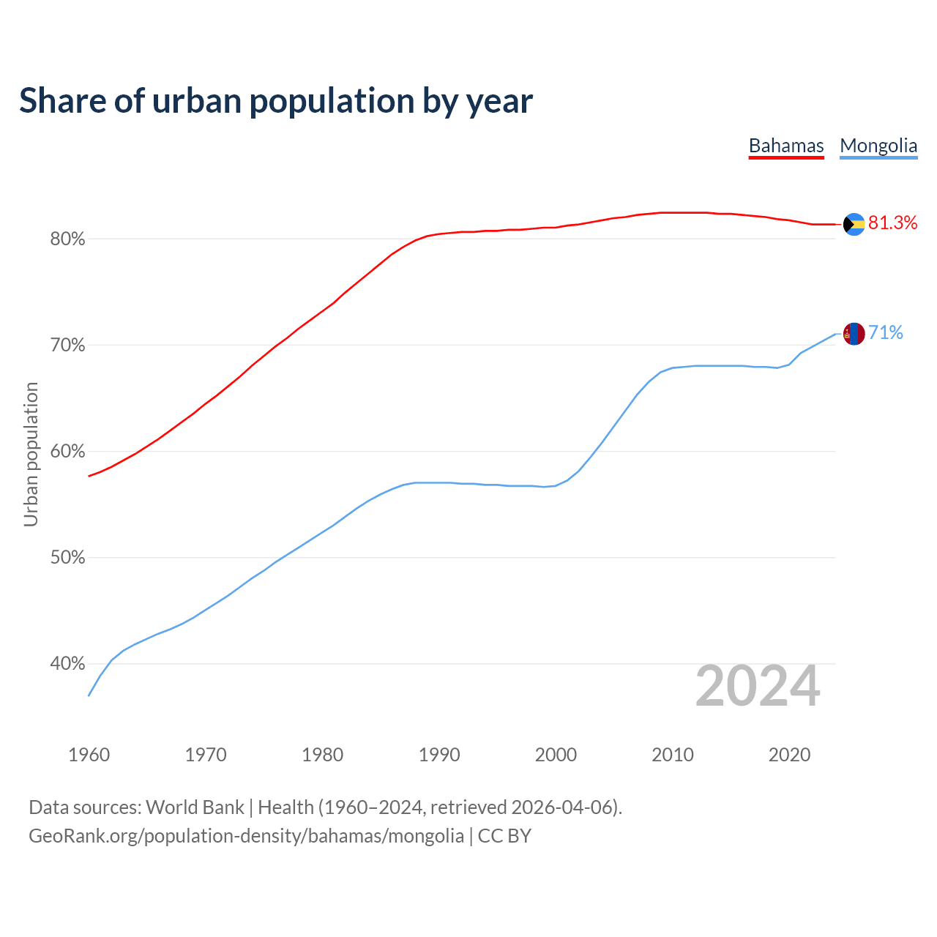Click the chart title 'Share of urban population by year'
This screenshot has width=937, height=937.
[x=276, y=101]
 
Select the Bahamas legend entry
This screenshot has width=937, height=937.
[x=786, y=146]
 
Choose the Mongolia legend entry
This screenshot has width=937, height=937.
[x=878, y=146]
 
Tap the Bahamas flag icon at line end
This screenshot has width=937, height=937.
[x=854, y=224]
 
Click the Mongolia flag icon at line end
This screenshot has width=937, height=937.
[x=854, y=334]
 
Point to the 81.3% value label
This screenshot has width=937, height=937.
[x=892, y=223]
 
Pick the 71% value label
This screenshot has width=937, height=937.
[x=885, y=333]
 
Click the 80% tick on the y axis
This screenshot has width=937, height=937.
[x=68, y=239]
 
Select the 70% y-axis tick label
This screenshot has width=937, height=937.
[x=68, y=346]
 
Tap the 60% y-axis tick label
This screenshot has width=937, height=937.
[x=68, y=452]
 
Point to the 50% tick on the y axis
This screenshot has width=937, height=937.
[x=68, y=558]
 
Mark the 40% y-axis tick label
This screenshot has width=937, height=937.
[x=68, y=664]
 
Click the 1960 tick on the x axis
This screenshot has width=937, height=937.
[x=89, y=755]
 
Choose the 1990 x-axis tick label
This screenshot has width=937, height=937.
[x=439, y=755]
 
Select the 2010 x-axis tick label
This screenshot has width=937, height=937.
[x=673, y=755]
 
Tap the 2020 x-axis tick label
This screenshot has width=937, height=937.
[x=789, y=755]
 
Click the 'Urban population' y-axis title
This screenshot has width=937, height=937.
[x=31, y=454]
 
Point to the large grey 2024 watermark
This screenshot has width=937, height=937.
[x=758, y=686]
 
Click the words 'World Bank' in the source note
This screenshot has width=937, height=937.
[x=195, y=807]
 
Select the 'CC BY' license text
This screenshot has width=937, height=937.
[x=504, y=836]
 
